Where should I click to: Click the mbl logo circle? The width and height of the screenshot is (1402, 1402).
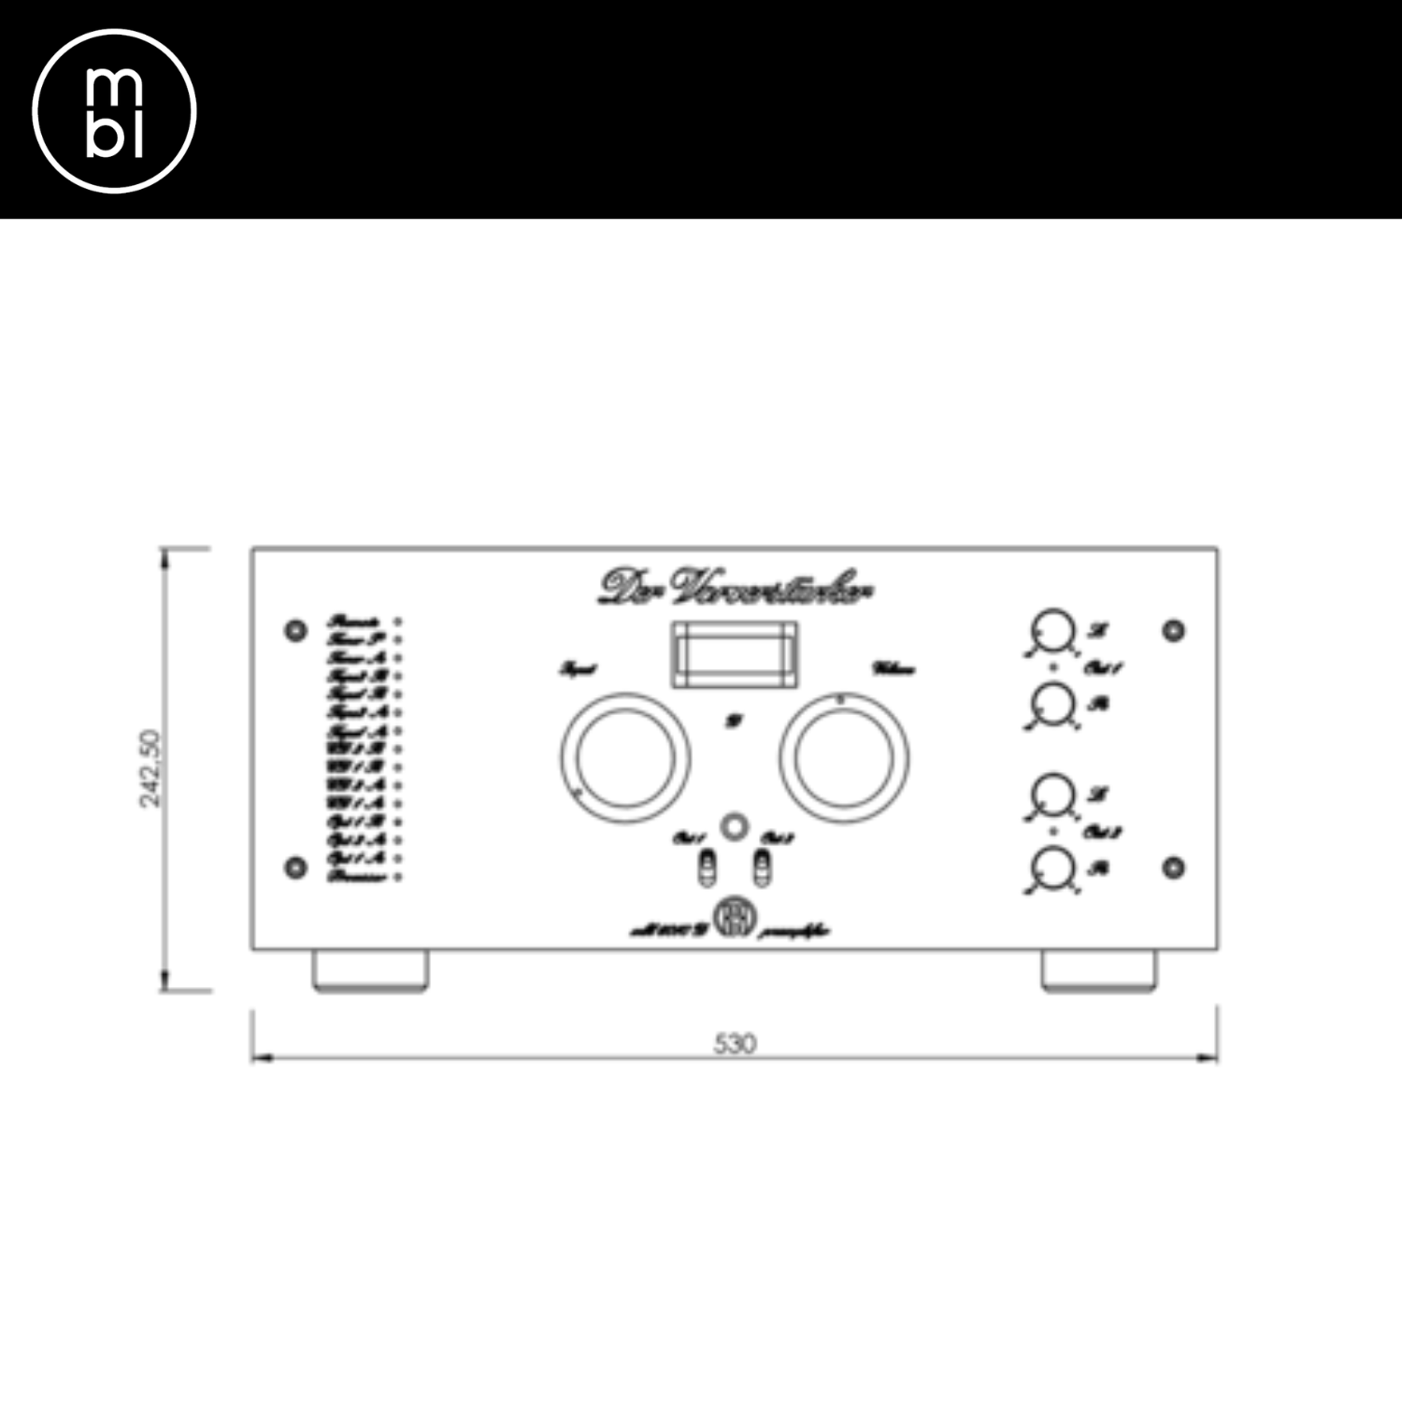[114, 111]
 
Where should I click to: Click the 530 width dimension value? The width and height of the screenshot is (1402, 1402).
[735, 1043]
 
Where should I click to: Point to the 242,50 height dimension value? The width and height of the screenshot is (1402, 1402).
[150, 768]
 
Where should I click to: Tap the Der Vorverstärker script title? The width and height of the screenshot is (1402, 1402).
[736, 586]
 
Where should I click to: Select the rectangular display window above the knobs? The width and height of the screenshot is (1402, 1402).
[736, 653]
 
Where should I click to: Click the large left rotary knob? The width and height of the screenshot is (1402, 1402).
[625, 758]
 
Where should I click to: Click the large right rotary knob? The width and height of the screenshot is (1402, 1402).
[844, 758]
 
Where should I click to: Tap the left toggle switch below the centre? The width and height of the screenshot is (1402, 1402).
[708, 868]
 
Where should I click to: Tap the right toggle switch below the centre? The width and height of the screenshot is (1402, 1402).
[763, 868]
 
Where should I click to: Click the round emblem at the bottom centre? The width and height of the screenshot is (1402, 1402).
[735, 917]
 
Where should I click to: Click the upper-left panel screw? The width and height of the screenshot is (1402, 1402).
[295, 631]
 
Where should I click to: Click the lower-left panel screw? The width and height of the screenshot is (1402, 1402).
[295, 867]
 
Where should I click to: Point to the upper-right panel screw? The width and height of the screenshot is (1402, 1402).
[1174, 631]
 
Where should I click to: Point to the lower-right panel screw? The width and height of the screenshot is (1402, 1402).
[1174, 867]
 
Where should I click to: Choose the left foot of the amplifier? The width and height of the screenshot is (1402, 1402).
[370, 970]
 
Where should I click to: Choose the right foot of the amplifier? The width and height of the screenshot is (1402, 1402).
[1098, 970]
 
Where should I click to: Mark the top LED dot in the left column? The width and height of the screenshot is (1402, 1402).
[399, 622]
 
